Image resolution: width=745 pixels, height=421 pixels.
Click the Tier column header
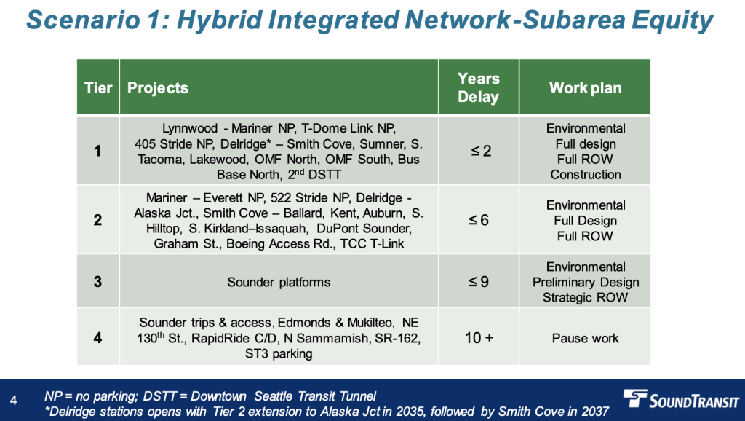[98, 88]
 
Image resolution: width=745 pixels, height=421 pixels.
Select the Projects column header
[158, 88]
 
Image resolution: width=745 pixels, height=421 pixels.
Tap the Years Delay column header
[479, 87]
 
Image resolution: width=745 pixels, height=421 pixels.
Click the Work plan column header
[586, 88]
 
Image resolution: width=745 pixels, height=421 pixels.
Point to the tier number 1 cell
[97, 152]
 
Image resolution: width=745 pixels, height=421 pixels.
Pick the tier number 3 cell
[97, 282]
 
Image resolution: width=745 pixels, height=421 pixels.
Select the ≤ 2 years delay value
[481, 152]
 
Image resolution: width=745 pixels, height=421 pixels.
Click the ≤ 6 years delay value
[479, 220]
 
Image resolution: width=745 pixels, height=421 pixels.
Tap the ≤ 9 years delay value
[479, 282]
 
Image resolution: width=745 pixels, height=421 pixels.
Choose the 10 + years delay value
[479, 338]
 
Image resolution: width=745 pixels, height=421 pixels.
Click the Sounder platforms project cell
[279, 282]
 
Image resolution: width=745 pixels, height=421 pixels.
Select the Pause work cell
[586, 338]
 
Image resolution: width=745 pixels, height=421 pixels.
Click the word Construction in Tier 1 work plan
[586, 175]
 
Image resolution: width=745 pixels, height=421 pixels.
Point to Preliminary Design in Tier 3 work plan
[586, 282]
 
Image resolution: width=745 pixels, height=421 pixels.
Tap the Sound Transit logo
[681, 399]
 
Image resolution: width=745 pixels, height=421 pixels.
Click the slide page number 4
[13, 401]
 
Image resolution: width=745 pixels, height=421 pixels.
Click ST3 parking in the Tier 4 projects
[279, 353]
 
